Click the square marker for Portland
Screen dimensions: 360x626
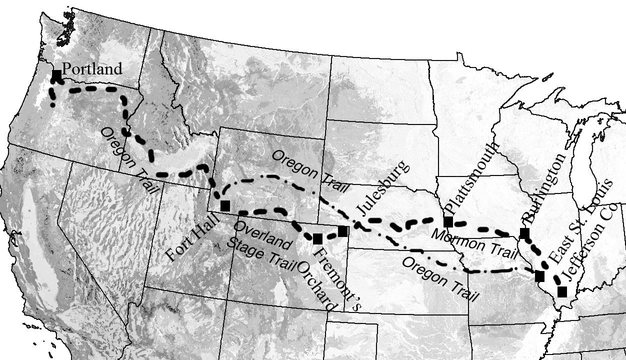coord(56,75)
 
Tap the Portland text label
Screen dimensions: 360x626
coord(91,69)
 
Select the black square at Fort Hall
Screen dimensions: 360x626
coord(225,205)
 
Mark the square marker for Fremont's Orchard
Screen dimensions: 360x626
coord(317,239)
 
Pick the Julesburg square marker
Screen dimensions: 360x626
coord(342,231)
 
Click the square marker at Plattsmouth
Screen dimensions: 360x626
coord(448,221)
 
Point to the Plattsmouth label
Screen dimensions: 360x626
coord(472,178)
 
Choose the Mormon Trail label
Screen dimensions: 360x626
coord(473,243)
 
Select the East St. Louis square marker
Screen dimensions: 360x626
coord(539,276)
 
